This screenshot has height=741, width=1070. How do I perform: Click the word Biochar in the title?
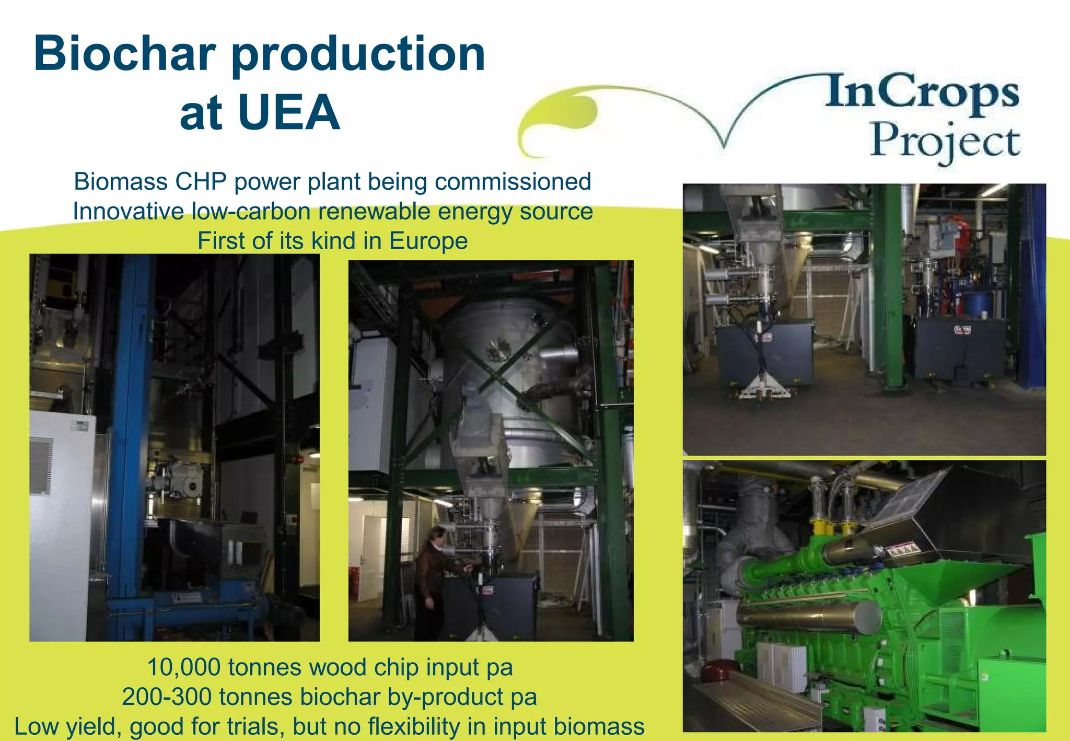point(124,54)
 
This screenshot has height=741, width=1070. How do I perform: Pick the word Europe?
point(428,241)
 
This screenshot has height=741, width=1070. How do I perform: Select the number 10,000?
point(183,667)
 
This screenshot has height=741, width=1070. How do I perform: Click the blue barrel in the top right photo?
point(978,303)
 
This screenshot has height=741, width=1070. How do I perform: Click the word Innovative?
point(128,212)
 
